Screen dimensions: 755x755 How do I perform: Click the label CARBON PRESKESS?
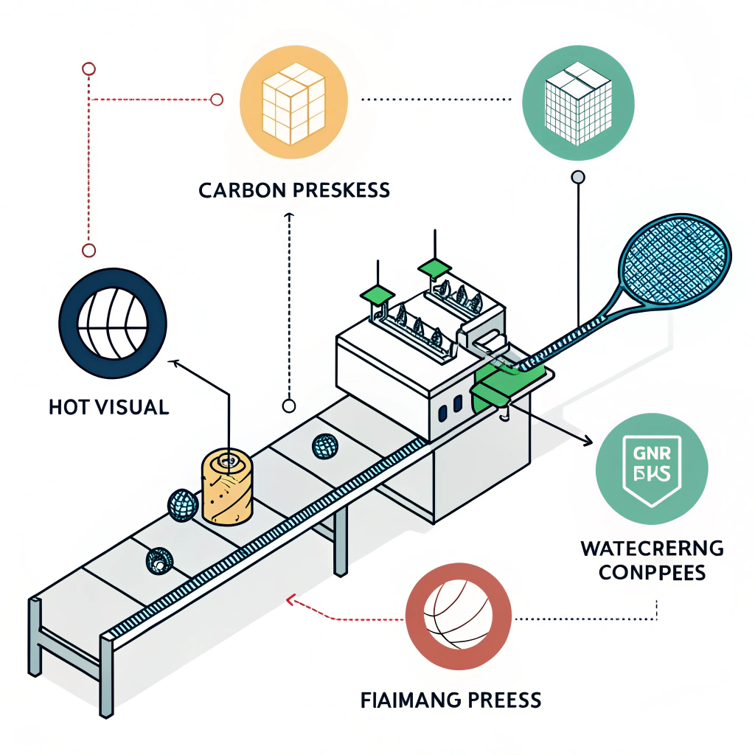coord(294,190)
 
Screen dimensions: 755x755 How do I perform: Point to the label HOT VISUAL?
coord(108,407)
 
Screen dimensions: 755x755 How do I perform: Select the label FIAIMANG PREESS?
coord(451,699)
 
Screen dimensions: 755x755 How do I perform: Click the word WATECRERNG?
coord(652,549)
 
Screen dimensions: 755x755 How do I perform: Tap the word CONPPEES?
coord(651,573)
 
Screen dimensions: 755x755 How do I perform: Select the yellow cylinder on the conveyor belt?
coord(228,487)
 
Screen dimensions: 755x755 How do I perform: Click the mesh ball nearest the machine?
coord(324,445)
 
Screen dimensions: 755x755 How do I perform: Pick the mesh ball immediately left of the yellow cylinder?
coord(182,505)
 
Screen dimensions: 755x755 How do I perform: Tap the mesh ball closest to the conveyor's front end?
coord(159,561)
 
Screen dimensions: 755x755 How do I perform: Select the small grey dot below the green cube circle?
coord(578,177)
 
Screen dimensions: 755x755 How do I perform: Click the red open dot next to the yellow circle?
coord(217,99)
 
